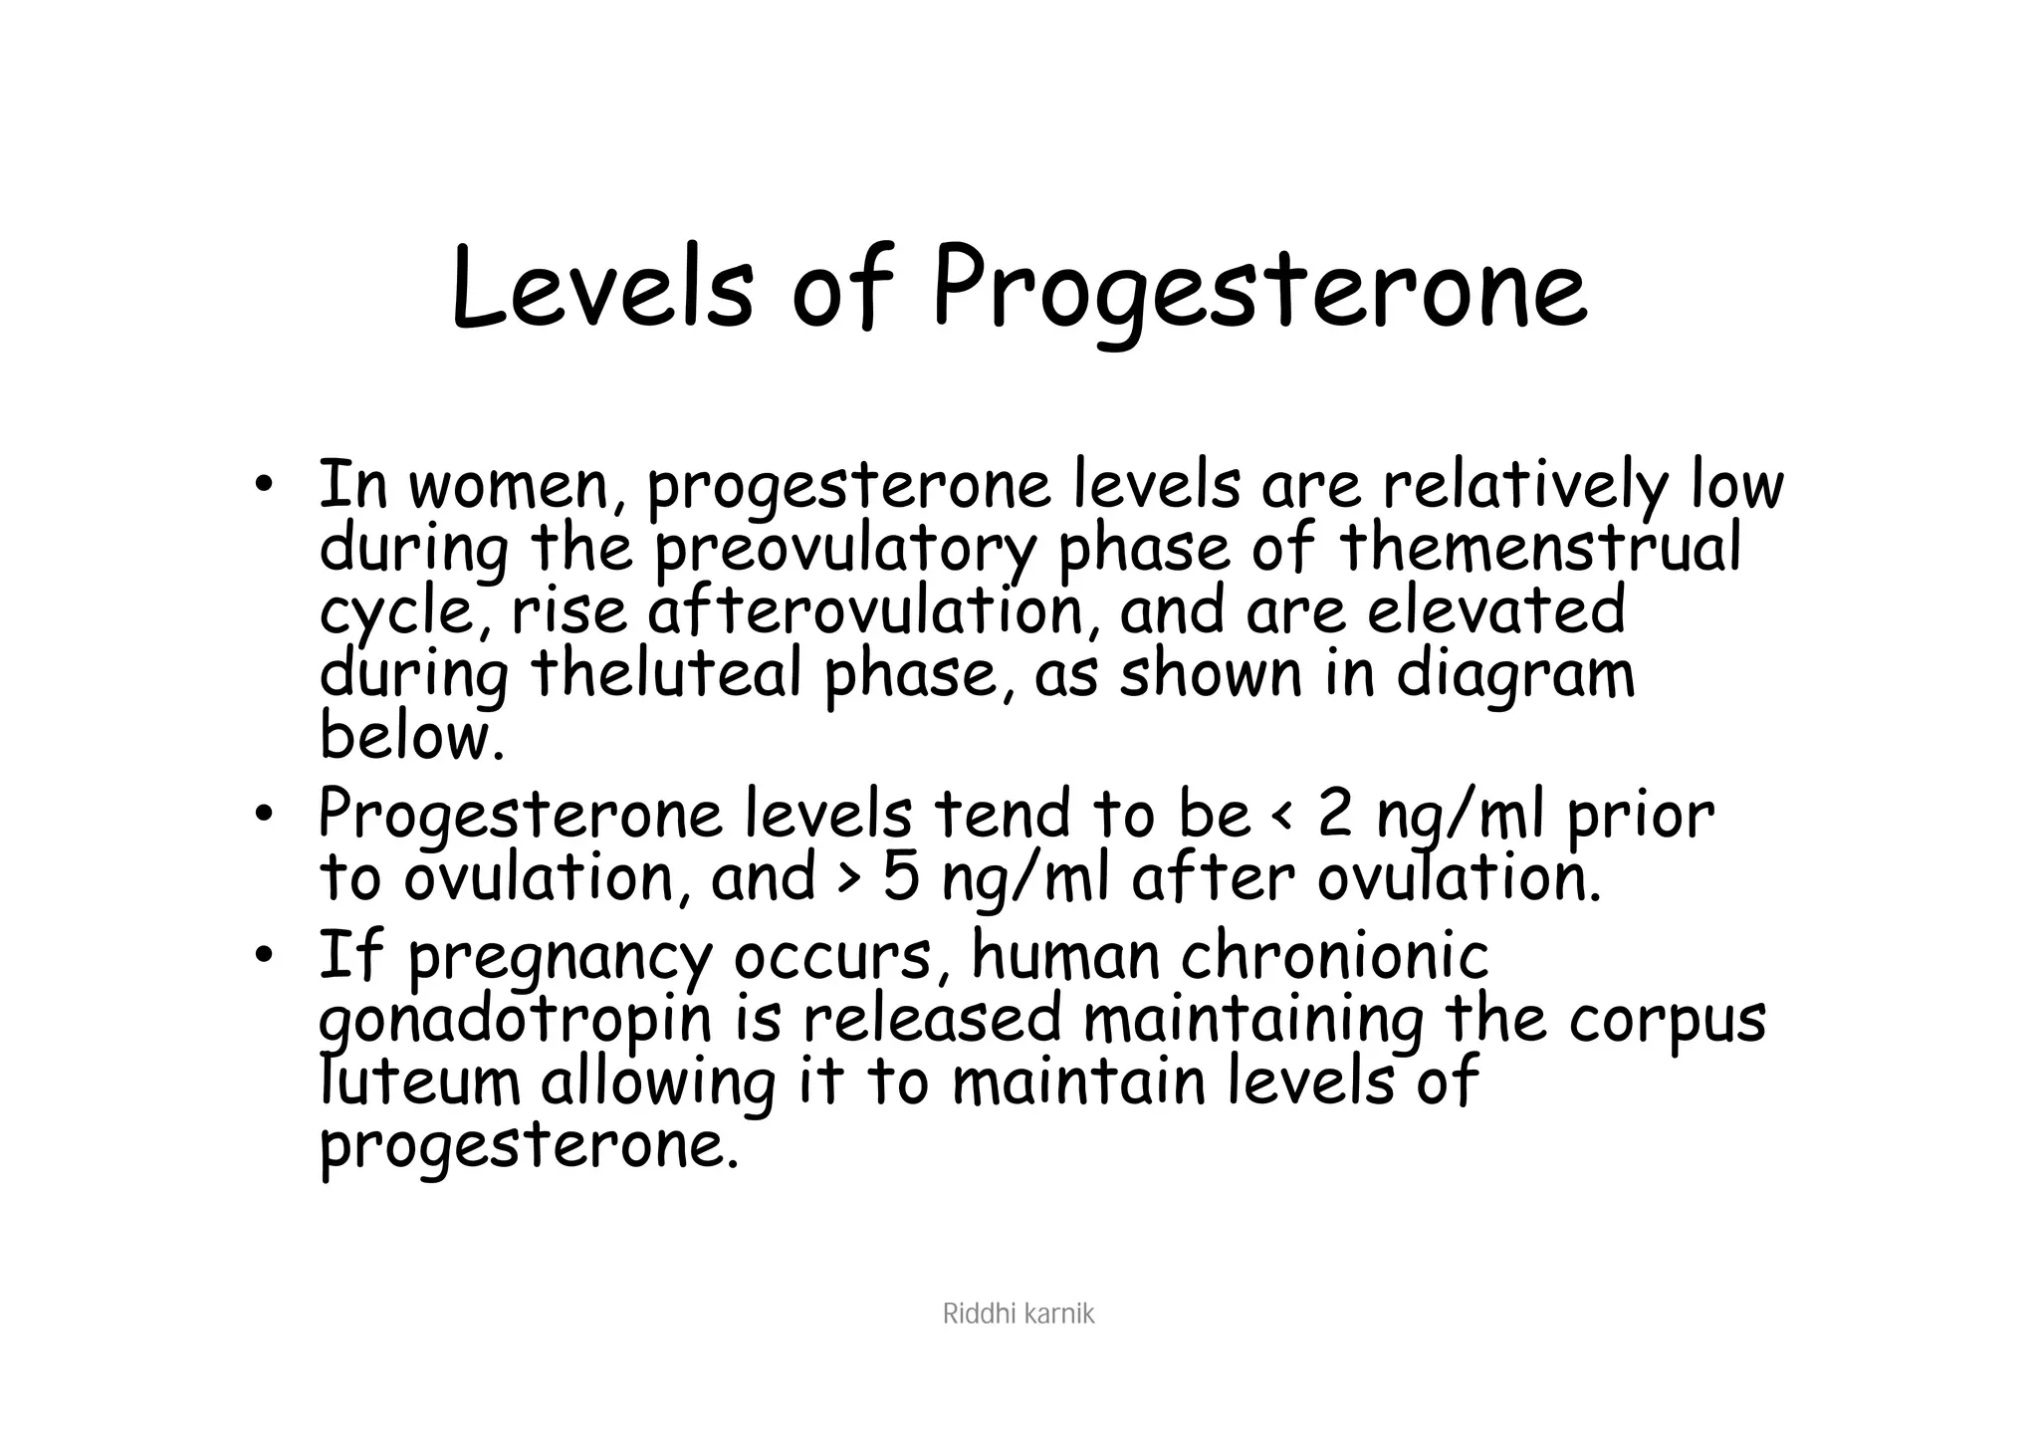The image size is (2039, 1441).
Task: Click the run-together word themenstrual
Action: click(x=1540, y=549)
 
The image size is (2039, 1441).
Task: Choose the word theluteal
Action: click(x=666, y=674)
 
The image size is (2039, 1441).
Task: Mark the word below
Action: click(x=411, y=737)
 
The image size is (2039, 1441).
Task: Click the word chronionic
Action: click(x=1334, y=956)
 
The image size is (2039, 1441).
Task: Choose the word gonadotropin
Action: click(x=517, y=1022)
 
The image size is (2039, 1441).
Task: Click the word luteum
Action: click(x=420, y=1082)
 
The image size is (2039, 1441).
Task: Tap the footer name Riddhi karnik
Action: click(x=1018, y=1316)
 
